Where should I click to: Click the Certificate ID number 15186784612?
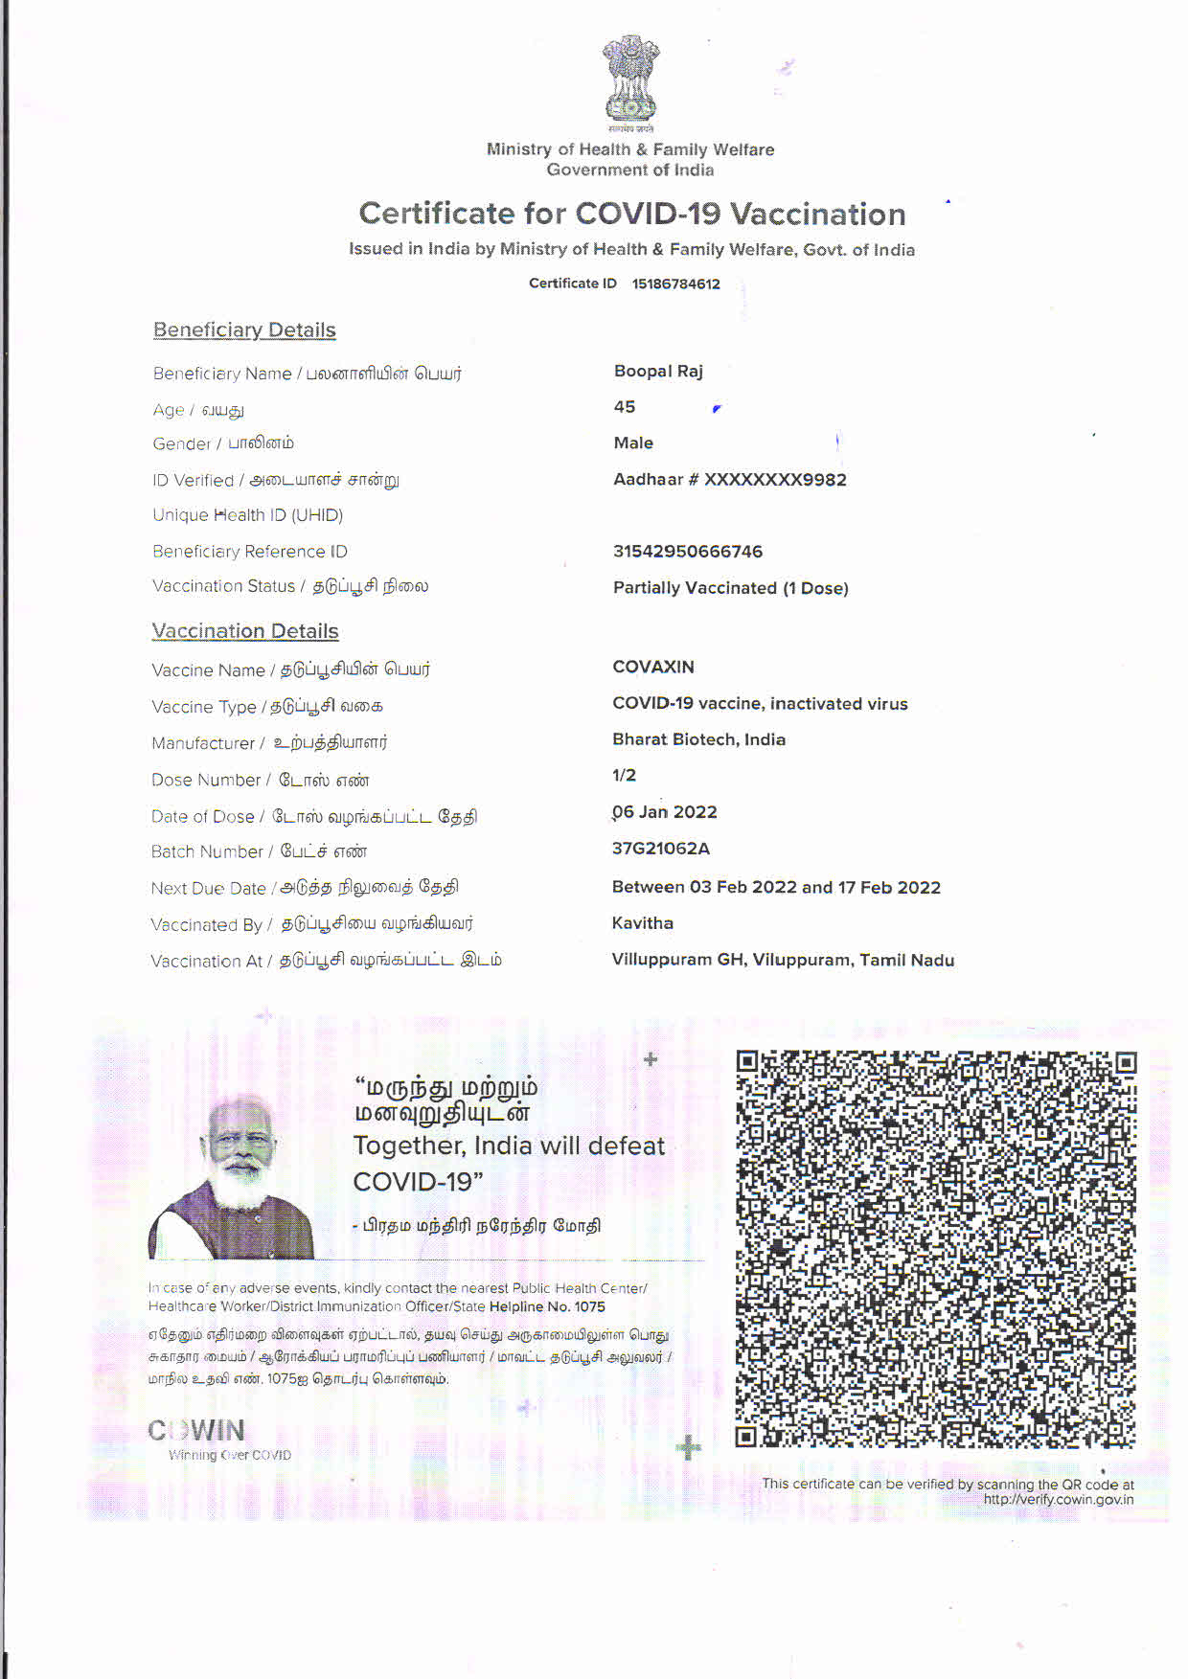(x=675, y=284)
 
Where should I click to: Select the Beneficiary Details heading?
(x=244, y=330)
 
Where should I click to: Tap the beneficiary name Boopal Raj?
(x=658, y=371)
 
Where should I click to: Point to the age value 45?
(x=625, y=407)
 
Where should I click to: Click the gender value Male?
(x=633, y=442)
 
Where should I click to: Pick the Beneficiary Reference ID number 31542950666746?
(x=688, y=552)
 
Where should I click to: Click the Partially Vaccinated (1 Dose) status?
(x=730, y=588)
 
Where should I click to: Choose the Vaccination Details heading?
(x=245, y=631)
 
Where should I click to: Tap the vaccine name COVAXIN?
(x=653, y=667)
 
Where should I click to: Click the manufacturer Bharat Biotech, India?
(x=698, y=739)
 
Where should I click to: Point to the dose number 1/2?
(x=624, y=775)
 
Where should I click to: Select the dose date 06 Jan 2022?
(x=665, y=812)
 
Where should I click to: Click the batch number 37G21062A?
(x=661, y=849)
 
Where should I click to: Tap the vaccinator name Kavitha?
(x=643, y=923)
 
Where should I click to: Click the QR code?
(x=935, y=1249)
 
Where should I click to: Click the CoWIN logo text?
(x=196, y=1430)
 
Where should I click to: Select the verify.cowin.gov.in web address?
(x=1058, y=1500)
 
